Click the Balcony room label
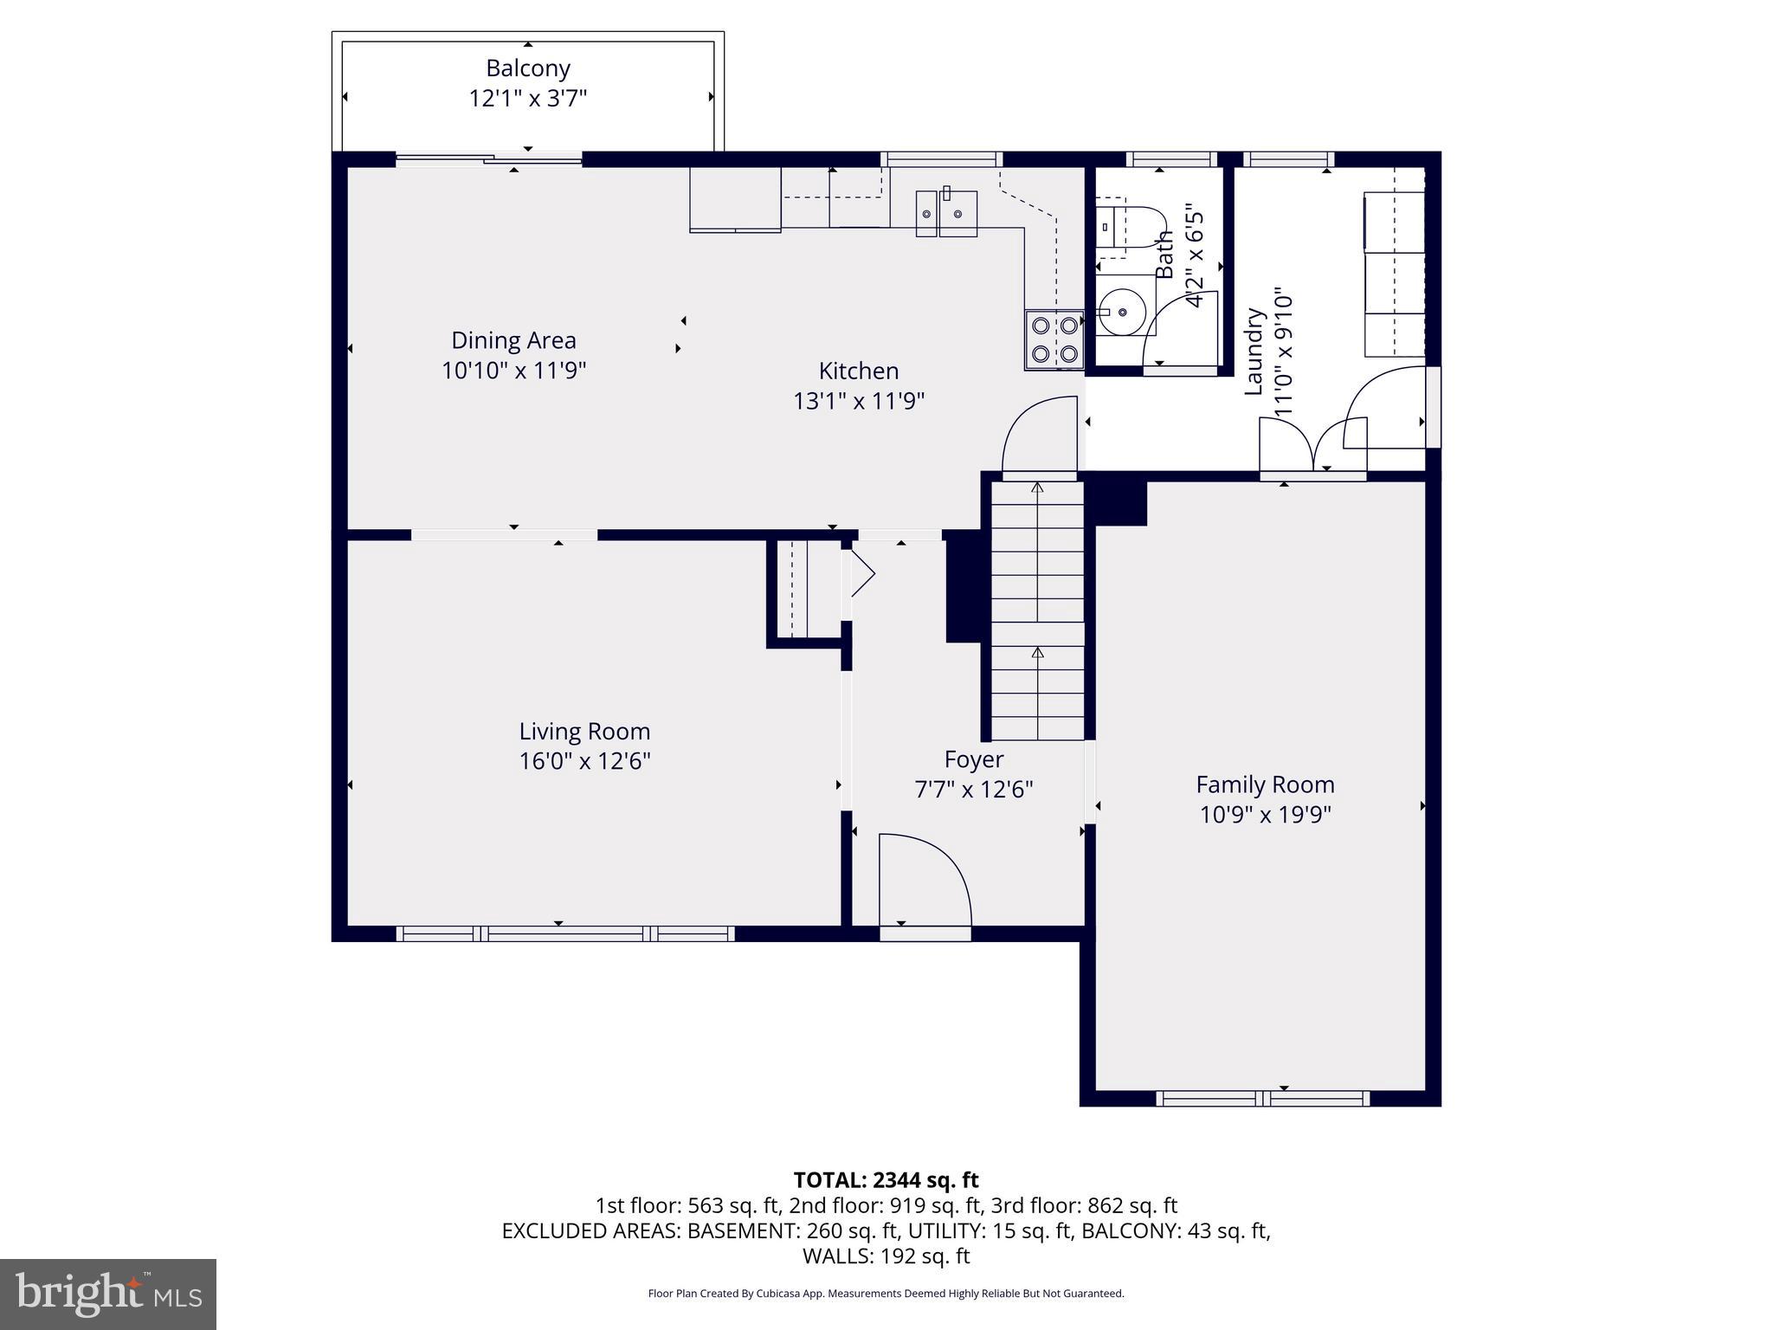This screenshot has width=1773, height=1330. tap(527, 68)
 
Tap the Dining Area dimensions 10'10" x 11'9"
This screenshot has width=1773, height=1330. tap(513, 371)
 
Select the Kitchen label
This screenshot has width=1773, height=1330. tap(859, 371)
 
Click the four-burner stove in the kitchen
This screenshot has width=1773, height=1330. tap(1054, 339)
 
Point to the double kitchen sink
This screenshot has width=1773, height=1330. tap(947, 213)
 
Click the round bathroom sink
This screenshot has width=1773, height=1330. tap(1123, 310)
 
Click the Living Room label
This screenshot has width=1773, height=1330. tap(584, 731)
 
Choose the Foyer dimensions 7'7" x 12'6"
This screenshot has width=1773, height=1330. tap(974, 789)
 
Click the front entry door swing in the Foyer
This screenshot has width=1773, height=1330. tap(924, 881)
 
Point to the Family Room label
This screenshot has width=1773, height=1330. tap(1265, 784)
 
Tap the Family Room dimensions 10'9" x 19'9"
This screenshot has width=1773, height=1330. tap(1265, 815)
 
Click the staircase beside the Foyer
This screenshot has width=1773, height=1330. tap(1037, 610)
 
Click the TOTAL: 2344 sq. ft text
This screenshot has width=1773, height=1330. tap(886, 1179)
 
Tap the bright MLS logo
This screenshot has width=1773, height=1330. tap(108, 1294)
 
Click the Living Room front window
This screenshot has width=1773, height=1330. tap(565, 933)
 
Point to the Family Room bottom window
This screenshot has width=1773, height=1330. tap(1263, 1099)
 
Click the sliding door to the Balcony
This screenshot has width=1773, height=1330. tap(489, 159)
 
